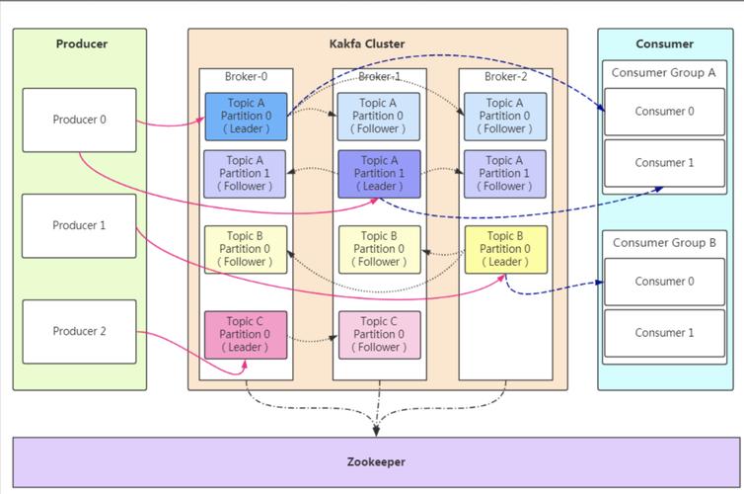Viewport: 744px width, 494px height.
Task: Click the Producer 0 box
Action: (79, 121)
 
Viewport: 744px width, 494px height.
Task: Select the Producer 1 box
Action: (79, 225)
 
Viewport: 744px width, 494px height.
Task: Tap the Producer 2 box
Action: (79, 332)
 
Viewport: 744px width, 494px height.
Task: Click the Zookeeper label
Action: (376, 461)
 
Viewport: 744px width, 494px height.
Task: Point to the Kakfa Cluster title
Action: (367, 43)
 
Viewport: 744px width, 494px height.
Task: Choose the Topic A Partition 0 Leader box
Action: (246, 117)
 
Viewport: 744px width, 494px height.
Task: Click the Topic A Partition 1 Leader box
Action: (379, 173)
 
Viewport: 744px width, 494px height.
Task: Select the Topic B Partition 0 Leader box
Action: (505, 249)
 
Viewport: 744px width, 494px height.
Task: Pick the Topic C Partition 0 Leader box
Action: (246, 334)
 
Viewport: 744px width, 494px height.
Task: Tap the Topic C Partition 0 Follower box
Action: (379, 334)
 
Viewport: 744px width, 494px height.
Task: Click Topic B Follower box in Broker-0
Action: (246, 249)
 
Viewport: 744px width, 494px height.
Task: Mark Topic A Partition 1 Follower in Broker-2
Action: (505, 173)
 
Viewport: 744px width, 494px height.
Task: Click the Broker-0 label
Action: (246, 77)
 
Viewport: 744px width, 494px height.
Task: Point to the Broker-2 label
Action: (505, 77)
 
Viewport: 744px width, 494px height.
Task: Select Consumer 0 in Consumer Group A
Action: (663, 112)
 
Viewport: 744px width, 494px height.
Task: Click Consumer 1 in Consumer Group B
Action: (663, 333)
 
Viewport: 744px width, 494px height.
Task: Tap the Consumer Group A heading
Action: (663, 72)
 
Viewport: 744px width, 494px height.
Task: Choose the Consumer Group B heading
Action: (663, 242)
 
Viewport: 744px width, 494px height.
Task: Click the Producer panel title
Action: (81, 43)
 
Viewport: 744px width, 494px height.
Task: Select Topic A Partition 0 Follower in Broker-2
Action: (505, 117)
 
